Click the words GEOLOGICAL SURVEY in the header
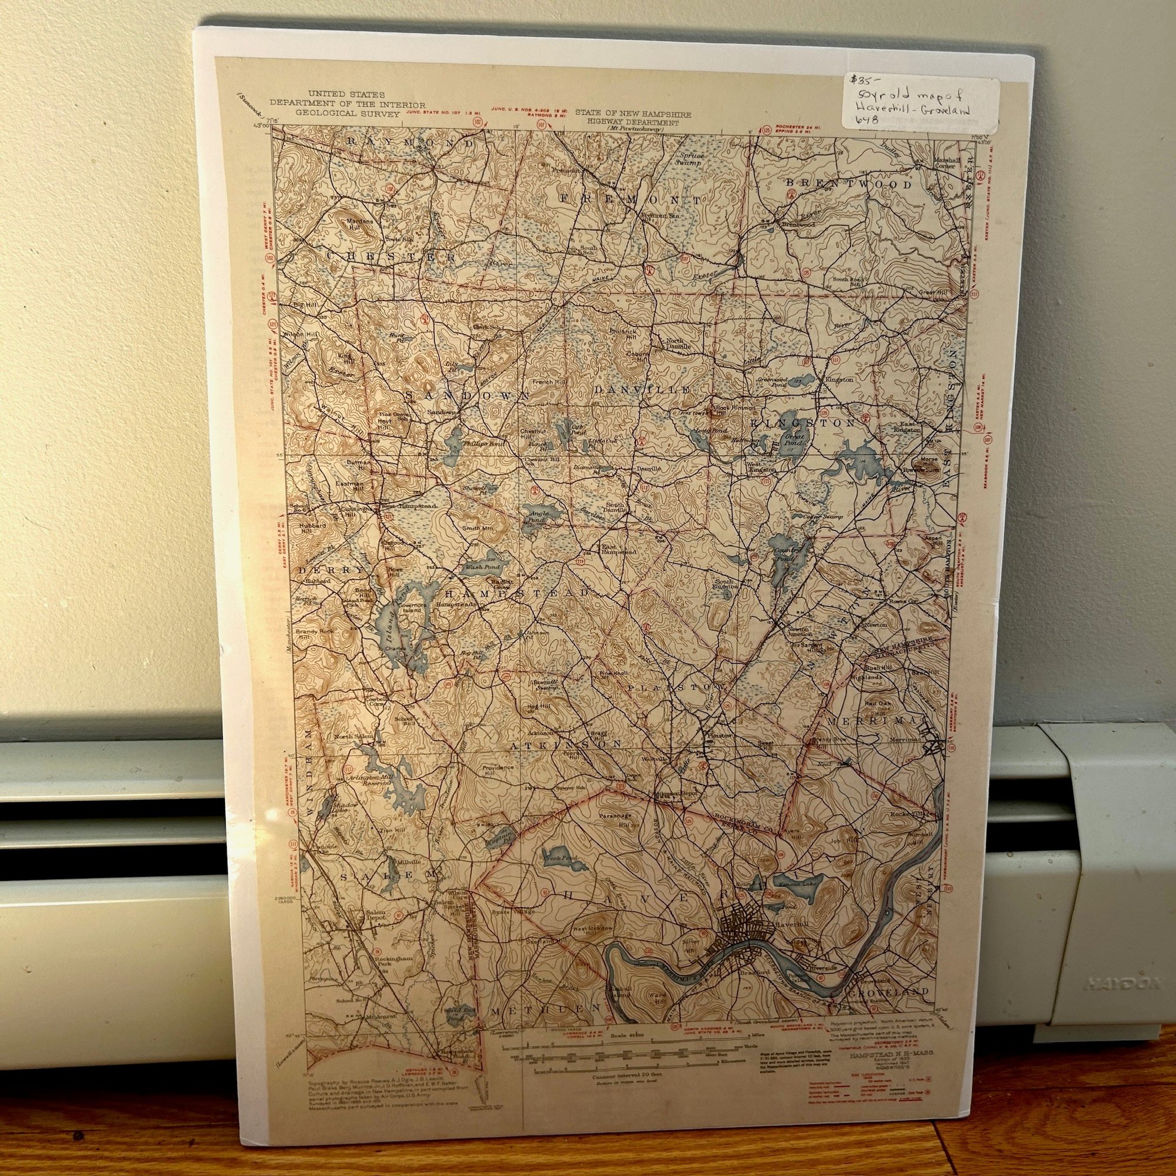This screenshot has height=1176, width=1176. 348,113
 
